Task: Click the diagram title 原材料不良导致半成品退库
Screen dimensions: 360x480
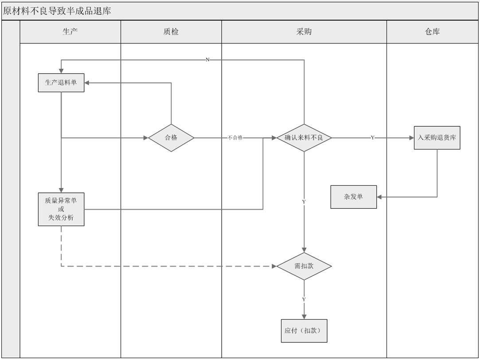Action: [x=57, y=11]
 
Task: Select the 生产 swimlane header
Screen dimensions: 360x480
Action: [x=70, y=31]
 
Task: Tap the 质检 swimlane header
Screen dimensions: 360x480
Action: [x=171, y=31]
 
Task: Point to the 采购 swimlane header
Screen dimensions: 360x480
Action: [x=304, y=31]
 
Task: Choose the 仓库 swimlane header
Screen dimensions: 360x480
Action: [x=432, y=31]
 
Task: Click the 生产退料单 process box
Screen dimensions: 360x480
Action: [x=61, y=82]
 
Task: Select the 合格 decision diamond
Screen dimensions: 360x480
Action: [x=171, y=138]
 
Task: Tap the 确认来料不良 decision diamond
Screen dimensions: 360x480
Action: [x=304, y=138]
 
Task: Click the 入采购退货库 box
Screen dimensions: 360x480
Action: [x=437, y=138]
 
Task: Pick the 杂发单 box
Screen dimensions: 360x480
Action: [x=354, y=197]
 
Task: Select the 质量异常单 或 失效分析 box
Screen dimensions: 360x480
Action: [x=61, y=209]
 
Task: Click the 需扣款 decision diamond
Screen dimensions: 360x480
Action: [x=304, y=266]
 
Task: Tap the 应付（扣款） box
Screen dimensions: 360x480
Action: [x=304, y=331]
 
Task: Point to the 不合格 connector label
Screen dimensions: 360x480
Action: [x=235, y=138]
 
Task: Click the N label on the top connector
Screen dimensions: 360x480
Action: [x=207, y=60]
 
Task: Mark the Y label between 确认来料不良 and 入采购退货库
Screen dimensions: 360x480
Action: [x=372, y=138]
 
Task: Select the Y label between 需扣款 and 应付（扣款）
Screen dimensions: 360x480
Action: [x=304, y=300]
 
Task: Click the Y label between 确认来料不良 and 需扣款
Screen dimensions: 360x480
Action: [x=304, y=202]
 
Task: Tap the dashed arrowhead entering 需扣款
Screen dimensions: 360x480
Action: [x=273, y=266]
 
